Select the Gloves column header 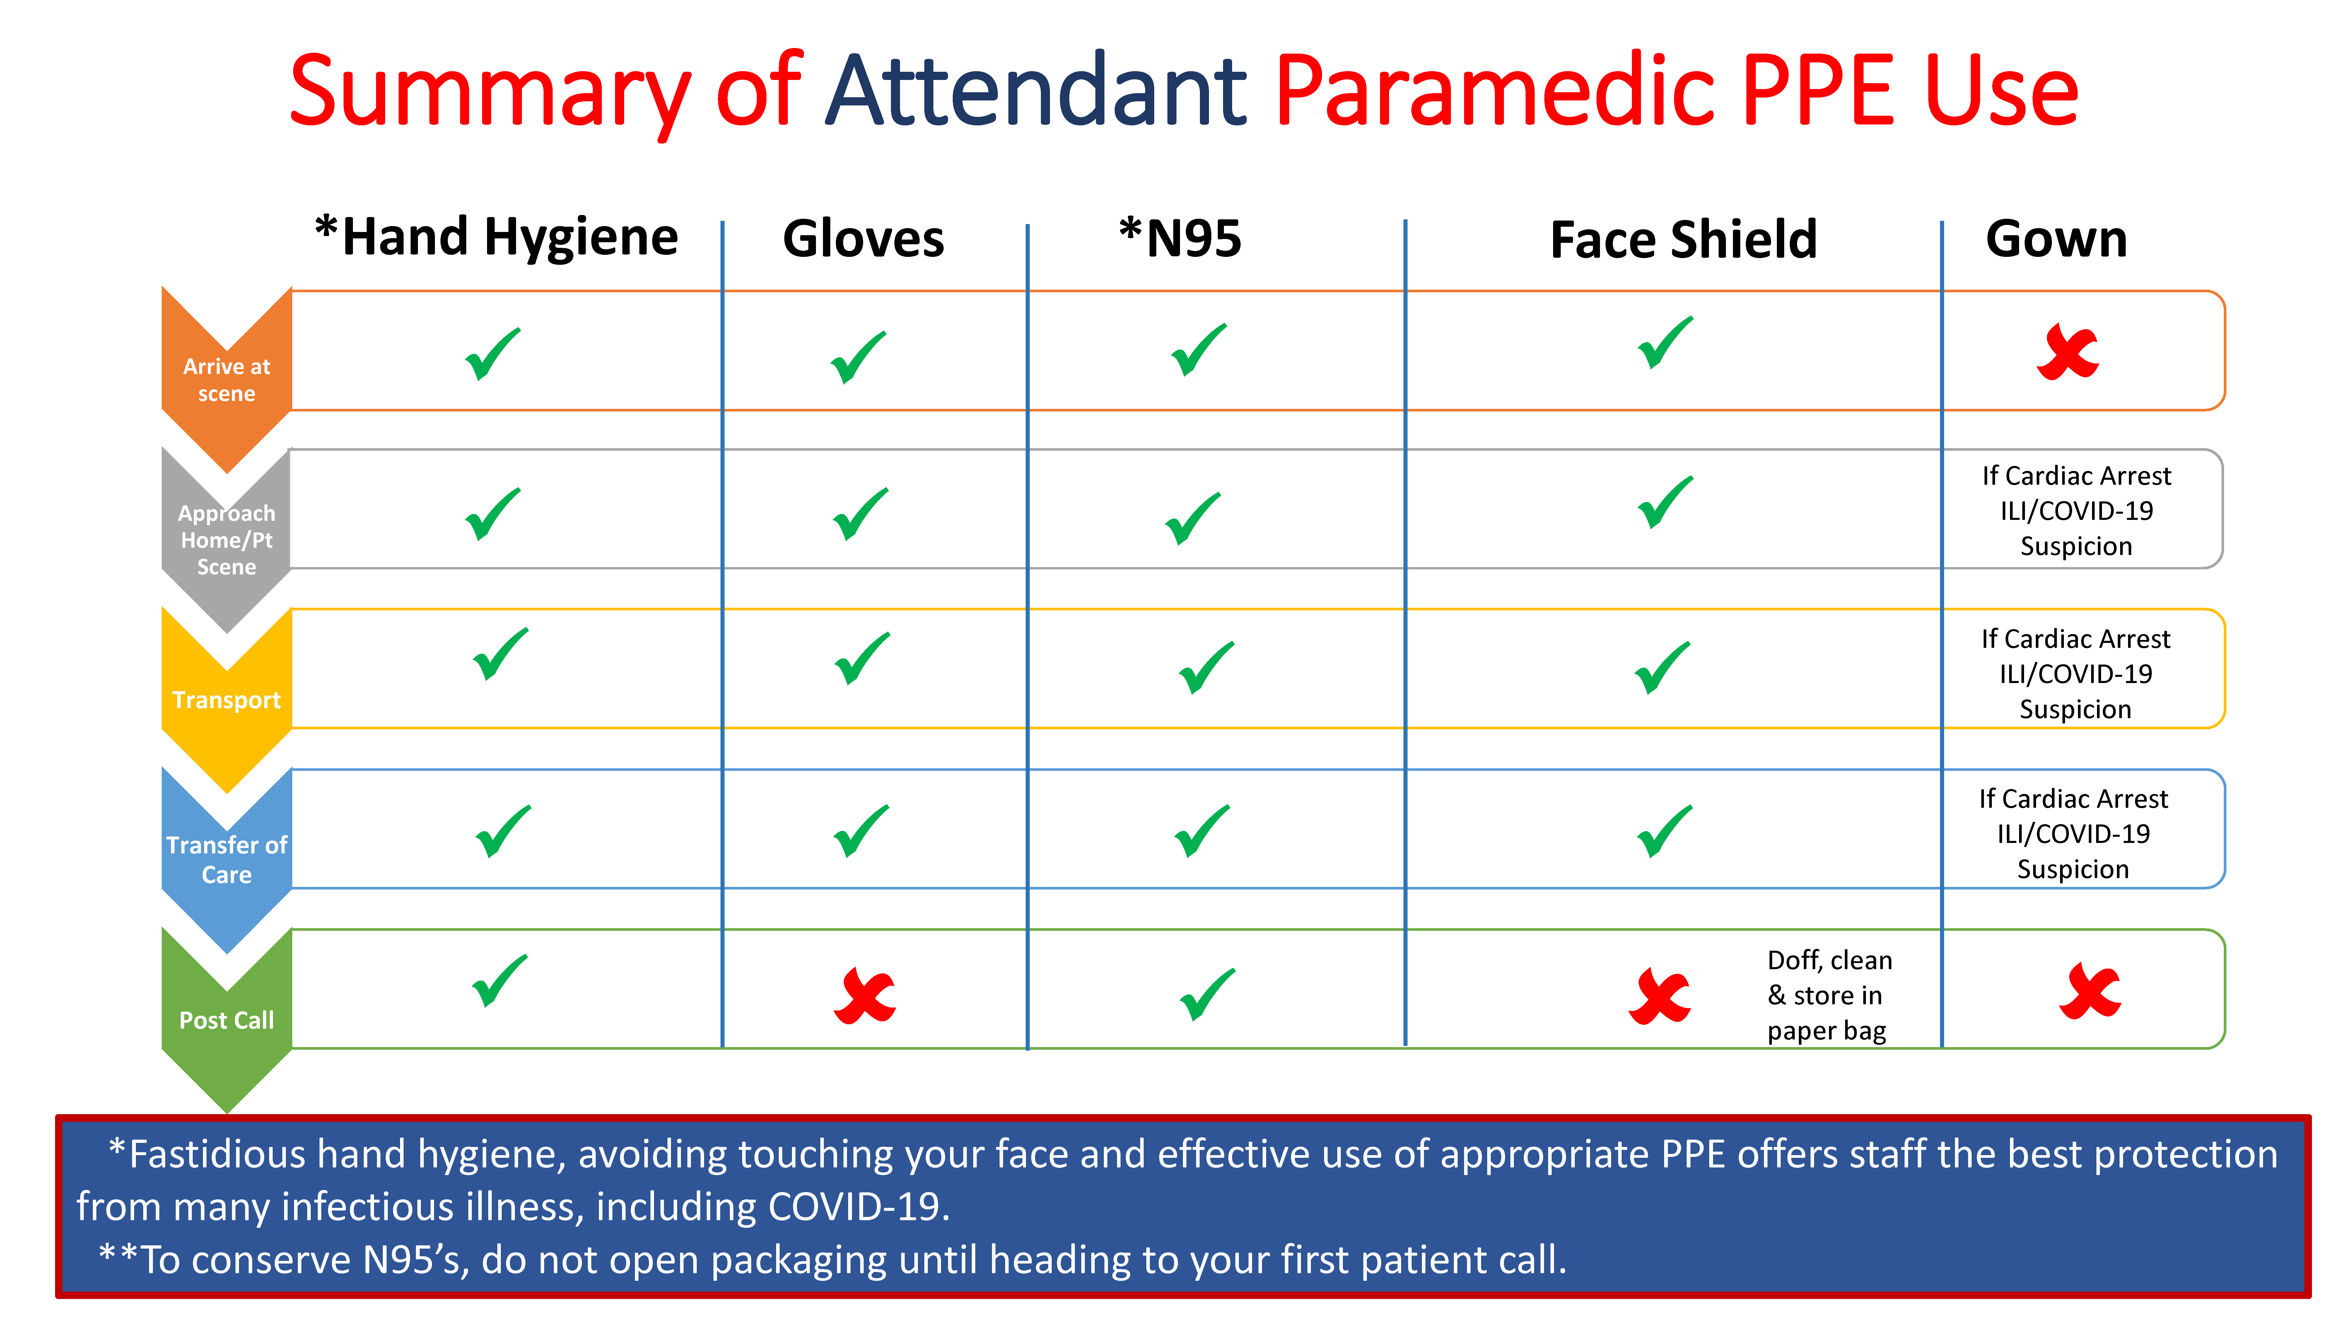[x=863, y=239]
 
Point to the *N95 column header [x=1180, y=238]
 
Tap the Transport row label [x=226, y=700]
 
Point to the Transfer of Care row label [x=226, y=860]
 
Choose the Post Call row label [x=226, y=1020]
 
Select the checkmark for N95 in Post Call [x=1207, y=995]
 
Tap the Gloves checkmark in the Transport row [x=861, y=658]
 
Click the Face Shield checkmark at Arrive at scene [x=1664, y=342]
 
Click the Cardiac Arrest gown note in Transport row [x=2076, y=674]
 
